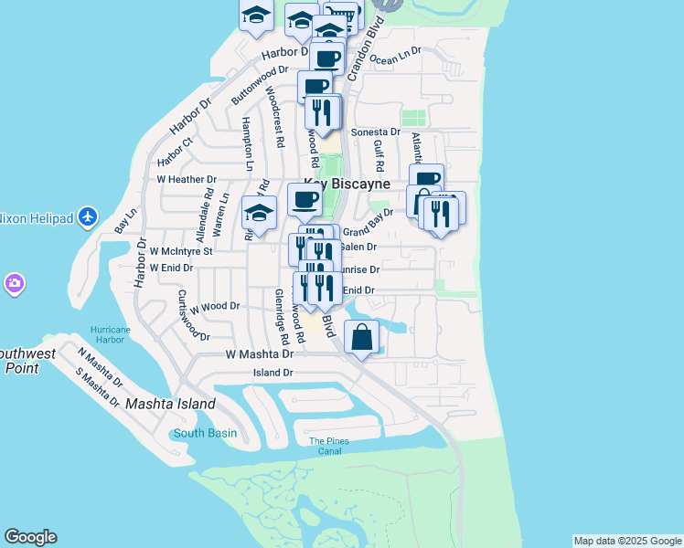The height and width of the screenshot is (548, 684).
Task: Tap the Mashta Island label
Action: coord(170,403)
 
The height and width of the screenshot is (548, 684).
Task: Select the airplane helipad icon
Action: coord(88,216)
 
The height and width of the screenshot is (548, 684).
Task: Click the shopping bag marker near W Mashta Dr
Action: coord(362,337)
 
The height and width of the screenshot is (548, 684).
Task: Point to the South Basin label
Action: coord(206,433)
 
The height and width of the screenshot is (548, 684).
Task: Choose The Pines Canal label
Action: coord(328,446)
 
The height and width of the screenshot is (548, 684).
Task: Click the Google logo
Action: coord(30,537)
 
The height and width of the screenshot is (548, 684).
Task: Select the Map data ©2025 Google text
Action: coord(627,541)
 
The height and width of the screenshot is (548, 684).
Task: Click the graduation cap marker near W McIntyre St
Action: coord(259,214)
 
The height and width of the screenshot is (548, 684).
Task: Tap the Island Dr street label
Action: coord(273,373)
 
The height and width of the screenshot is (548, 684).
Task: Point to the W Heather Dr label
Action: coord(187,180)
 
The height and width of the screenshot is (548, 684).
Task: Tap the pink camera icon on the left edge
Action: coord(13,283)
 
